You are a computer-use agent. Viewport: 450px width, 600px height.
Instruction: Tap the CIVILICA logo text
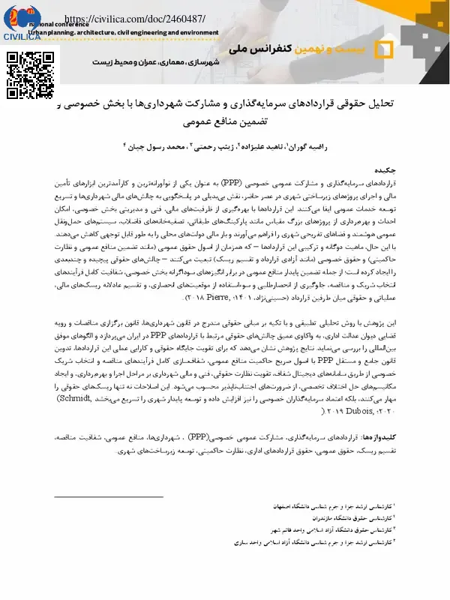(x=22, y=36)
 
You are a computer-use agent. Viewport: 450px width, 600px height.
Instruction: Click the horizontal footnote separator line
(x=109, y=496)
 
